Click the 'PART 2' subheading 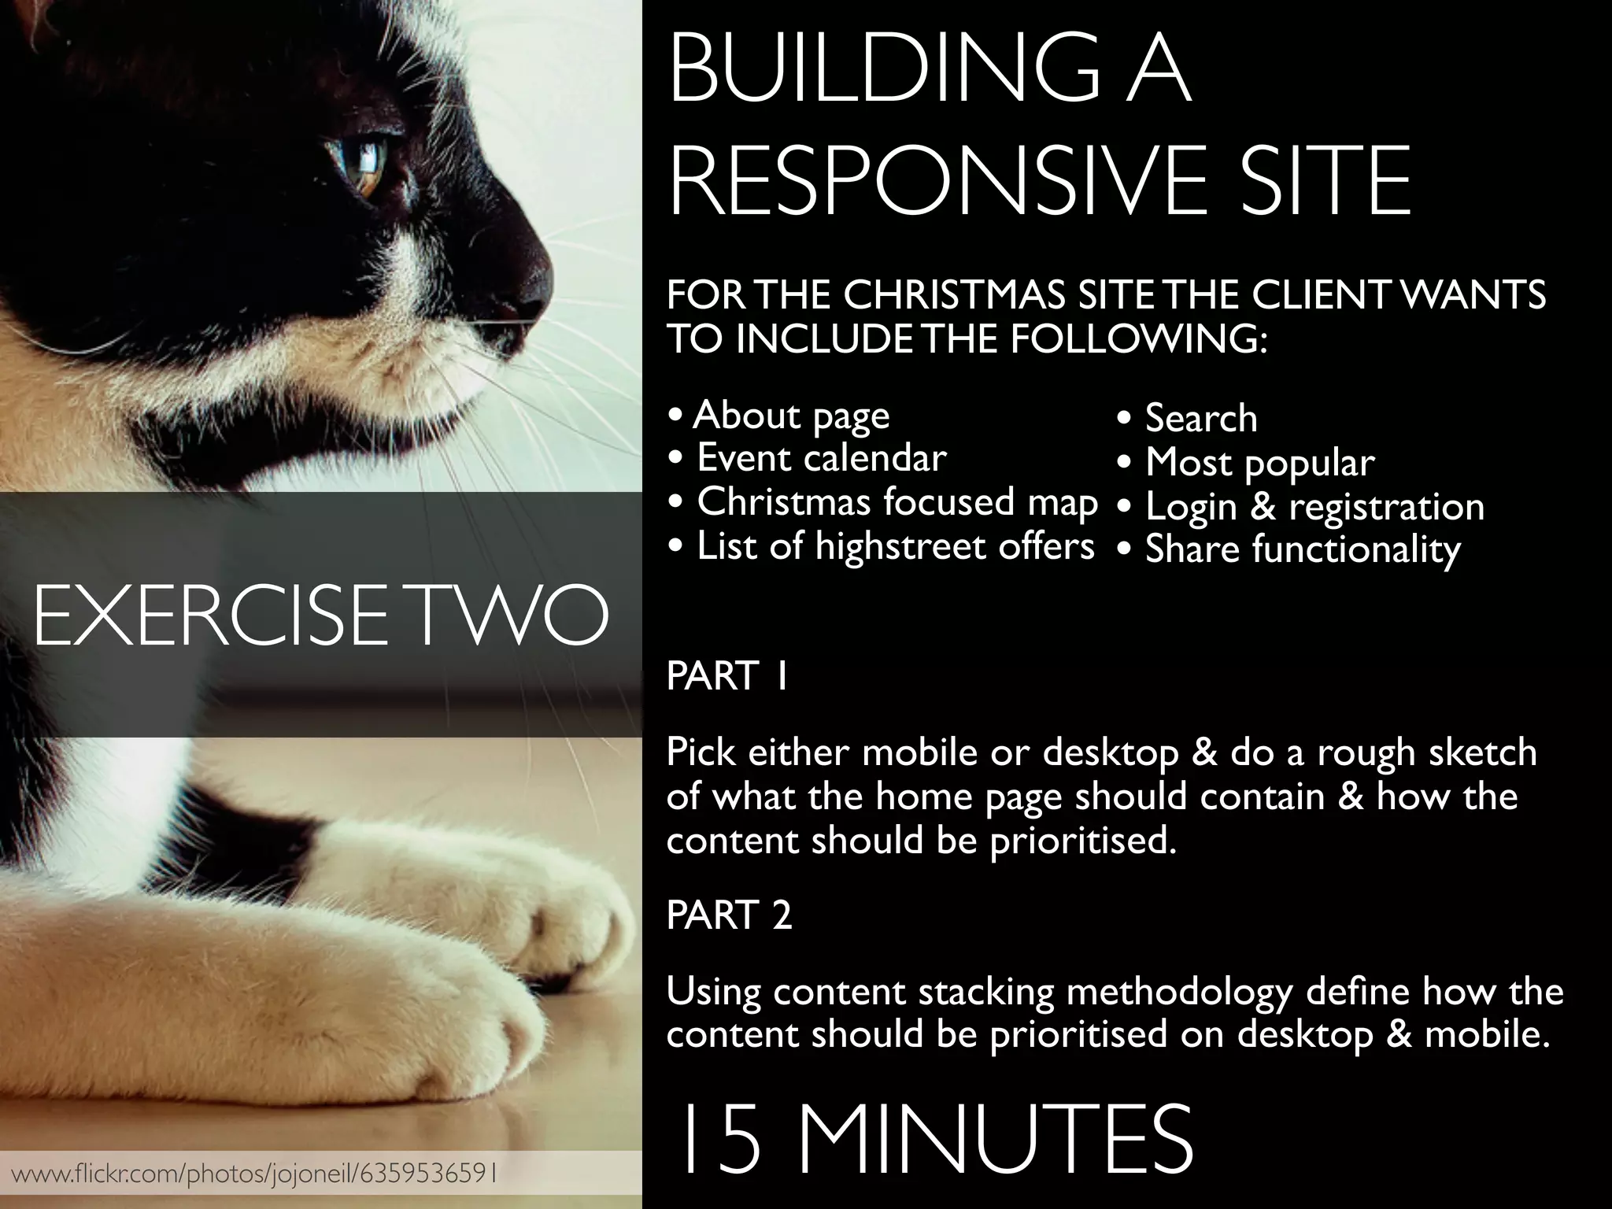pos(729,915)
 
